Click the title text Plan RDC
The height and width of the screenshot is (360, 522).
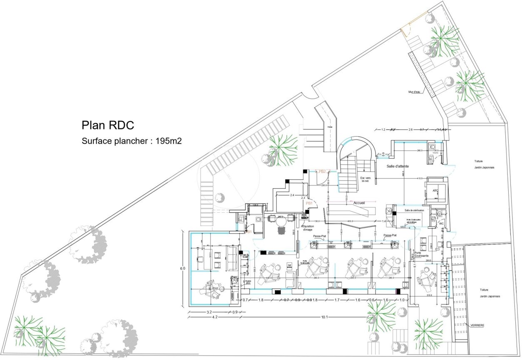[x=107, y=125]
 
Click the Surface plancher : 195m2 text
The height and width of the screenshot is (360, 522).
[x=132, y=141]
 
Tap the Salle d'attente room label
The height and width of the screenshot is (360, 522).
[x=397, y=166]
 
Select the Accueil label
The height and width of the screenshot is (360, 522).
[x=359, y=202]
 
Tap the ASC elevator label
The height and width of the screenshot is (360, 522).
[x=435, y=190]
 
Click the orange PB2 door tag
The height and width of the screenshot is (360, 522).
[x=323, y=171]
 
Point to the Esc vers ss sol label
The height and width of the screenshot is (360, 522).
[x=365, y=179]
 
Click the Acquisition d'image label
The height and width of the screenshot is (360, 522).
[x=308, y=228]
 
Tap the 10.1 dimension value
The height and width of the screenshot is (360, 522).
[x=324, y=317]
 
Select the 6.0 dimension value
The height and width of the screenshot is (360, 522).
[x=182, y=269]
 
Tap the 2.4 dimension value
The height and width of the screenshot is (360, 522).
[x=293, y=195]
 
